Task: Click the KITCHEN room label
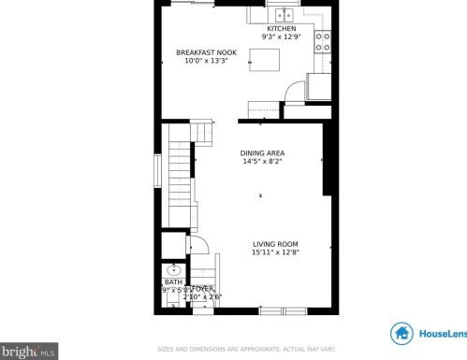[281, 29]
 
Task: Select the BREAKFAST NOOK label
[201, 53]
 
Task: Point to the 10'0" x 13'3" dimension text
[201, 62]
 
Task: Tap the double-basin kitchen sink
[284, 15]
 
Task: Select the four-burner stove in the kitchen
[324, 41]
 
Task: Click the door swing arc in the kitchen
[296, 90]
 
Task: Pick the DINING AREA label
[262, 152]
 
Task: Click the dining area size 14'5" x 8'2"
[262, 161]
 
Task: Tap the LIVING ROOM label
[275, 244]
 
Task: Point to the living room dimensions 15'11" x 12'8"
[275, 252]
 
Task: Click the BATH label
[174, 281]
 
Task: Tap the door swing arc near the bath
[197, 244]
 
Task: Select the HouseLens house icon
[402, 333]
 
